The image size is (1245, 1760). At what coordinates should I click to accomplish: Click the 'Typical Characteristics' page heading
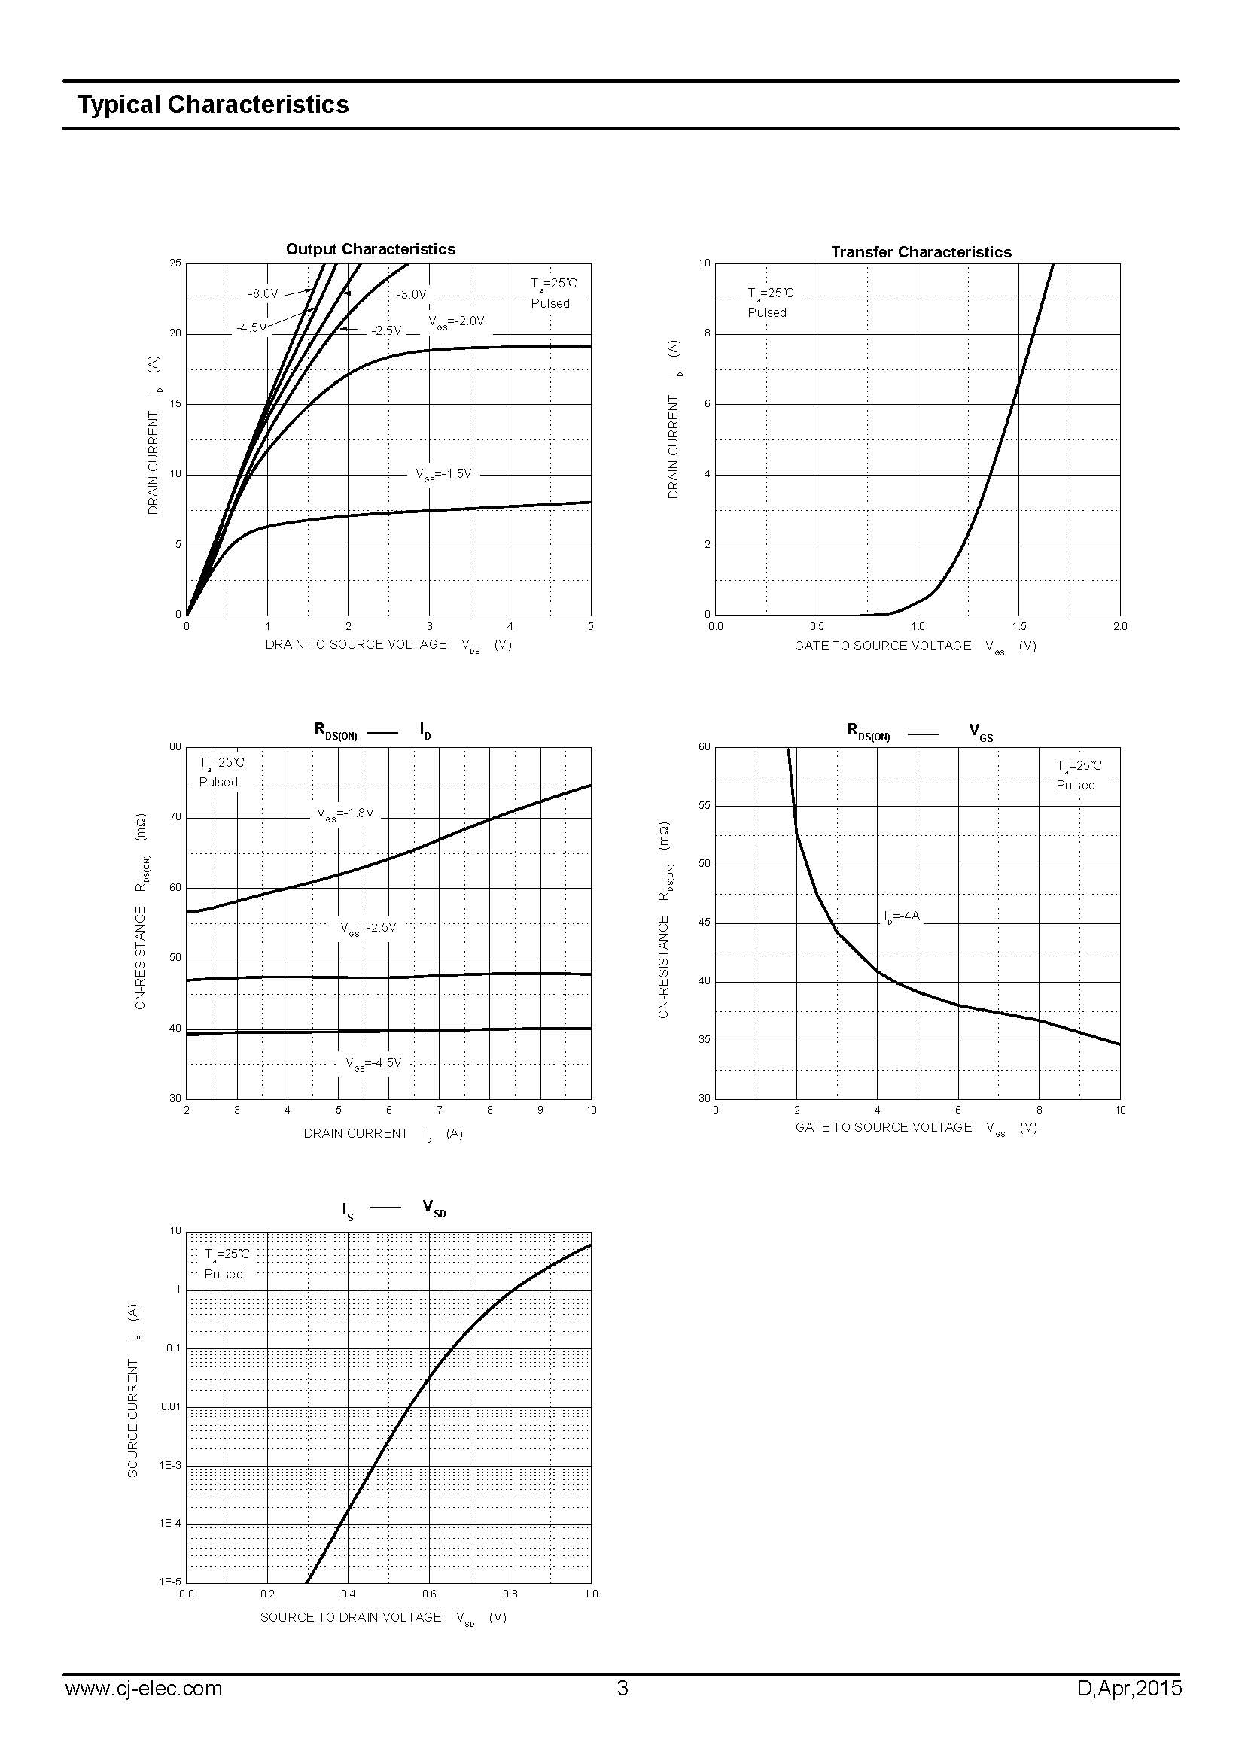(212, 105)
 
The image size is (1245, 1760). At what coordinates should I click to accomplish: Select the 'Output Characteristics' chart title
(370, 249)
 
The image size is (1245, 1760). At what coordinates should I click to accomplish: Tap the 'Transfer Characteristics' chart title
(921, 252)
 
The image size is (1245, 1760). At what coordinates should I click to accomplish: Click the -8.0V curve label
(263, 293)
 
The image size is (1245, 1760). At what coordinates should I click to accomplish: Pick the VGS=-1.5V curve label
(444, 475)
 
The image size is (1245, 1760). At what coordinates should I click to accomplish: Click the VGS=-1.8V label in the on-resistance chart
(345, 813)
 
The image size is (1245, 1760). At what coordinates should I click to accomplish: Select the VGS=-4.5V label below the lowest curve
(373, 1063)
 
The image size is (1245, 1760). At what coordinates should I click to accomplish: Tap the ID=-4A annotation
(902, 916)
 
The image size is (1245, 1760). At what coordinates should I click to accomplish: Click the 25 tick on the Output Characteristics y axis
(175, 263)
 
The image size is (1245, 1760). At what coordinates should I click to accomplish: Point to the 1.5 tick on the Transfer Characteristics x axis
(1019, 626)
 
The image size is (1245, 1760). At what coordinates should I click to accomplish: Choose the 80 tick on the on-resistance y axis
(175, 747)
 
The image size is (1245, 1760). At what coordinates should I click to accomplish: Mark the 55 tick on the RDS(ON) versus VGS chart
(704, 806)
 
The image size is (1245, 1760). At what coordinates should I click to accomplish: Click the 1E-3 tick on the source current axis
(170, 1466)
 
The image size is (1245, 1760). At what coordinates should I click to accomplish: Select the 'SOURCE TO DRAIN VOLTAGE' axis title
(350, 1616)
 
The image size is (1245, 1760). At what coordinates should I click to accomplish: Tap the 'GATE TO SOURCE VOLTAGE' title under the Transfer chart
(882, 646)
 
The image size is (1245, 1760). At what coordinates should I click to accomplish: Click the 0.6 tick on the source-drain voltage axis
(429, 1594)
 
